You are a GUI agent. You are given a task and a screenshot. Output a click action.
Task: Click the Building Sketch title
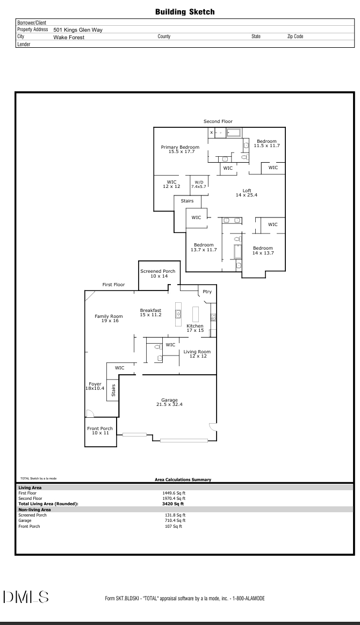point(185,11)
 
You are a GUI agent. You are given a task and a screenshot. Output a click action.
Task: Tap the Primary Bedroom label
point(180,149)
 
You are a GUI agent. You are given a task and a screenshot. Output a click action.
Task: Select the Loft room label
point(247,193)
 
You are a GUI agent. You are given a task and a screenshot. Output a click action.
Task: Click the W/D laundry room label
point(199,184)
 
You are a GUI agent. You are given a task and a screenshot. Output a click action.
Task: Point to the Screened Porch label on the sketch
point(157,273)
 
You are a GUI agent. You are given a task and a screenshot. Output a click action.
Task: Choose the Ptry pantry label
point(207,292)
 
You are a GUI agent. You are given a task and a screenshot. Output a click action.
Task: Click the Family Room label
point(109,318)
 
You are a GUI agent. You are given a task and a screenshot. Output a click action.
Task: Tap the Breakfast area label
point(150,312)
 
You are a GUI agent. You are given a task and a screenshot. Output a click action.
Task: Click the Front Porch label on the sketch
point(100,430)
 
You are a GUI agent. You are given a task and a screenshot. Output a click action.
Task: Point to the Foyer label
point(95,386)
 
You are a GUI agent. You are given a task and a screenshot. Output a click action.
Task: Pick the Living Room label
point(197,354)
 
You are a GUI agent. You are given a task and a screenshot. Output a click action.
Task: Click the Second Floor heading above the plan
point(218,122)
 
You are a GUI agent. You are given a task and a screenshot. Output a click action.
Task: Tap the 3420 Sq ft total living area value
point(173,504)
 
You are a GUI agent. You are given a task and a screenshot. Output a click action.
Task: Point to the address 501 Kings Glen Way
point(78,30)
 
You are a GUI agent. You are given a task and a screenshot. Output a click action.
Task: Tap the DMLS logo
point(26,597)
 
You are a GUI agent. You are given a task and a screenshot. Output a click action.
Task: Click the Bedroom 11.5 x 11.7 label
point(267,143)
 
